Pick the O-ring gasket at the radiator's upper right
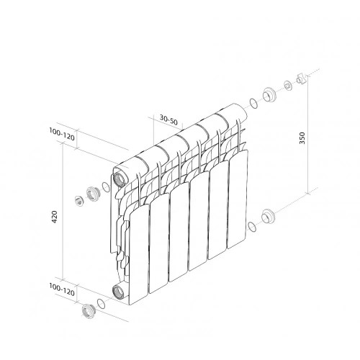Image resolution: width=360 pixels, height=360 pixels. [x=253, y=103]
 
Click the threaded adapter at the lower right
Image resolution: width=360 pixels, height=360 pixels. [x=269, y=215]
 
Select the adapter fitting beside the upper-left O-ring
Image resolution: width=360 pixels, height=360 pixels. [x=92, y=194]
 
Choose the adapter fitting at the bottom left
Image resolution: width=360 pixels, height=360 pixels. [x=89, y=311]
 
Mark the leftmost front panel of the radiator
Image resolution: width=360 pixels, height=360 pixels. [x=138, y=245]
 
